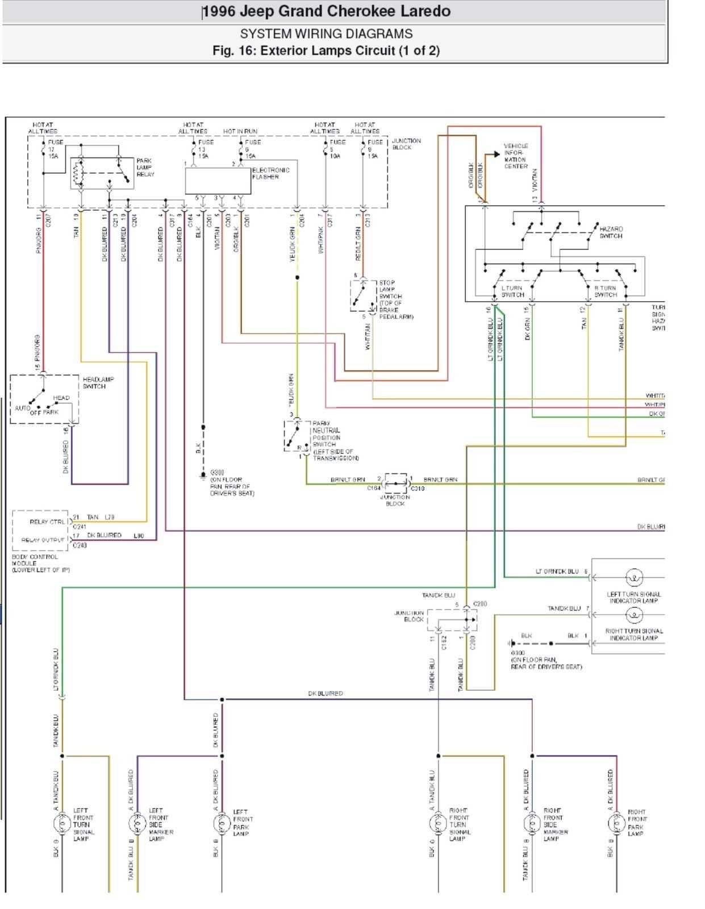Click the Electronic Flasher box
tap(218, 181)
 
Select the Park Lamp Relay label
tap(145, 168)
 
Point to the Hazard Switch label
tap(611, 232)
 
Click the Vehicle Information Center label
tap(515, 156)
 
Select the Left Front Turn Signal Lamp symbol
tap(61, 823)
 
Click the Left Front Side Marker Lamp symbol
tap(136, 823)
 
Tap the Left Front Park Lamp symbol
tap(222, 823)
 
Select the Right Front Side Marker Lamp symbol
tap(532, 823)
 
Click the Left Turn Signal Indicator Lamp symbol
tap(634, 578)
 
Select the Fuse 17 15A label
tap(54, 149)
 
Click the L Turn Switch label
tap(512, 291)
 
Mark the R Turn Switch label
tap(605, 291)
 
